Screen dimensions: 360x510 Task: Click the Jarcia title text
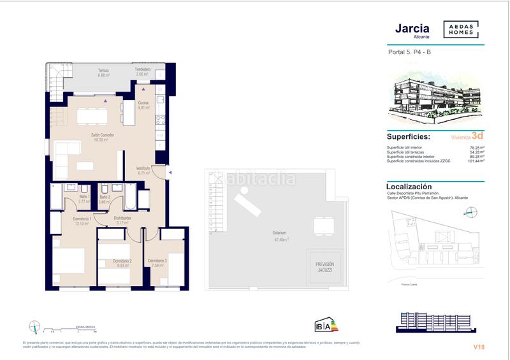point(408,29)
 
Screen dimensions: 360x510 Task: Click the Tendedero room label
point(142,69)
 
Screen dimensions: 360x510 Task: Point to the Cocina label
point(143,103)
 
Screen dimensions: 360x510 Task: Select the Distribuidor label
point(122,218)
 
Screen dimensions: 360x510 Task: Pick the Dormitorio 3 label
point(157,261)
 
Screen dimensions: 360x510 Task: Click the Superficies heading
point(408,136)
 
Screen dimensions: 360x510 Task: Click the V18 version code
point(479,347)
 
